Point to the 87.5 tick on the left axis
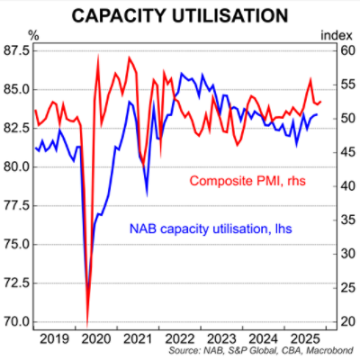(x=17, y=52)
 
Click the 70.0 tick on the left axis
(x=17, y=321)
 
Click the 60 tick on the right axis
(x=343, y=52)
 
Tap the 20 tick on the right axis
(x=343, y=321)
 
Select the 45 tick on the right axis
(x=343, y=153)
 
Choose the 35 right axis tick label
(x=343, y=220)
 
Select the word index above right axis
(x=336, y=35)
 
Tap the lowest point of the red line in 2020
(x=87, y=322)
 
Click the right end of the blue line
(x=316, y=114)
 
